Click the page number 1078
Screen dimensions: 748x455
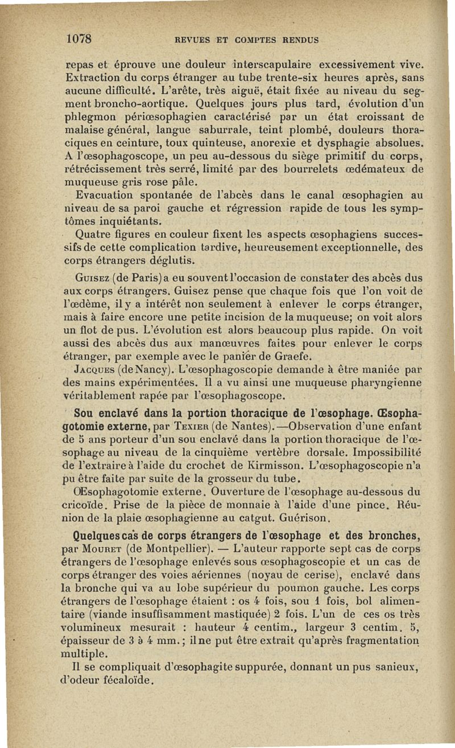(79, 39)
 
